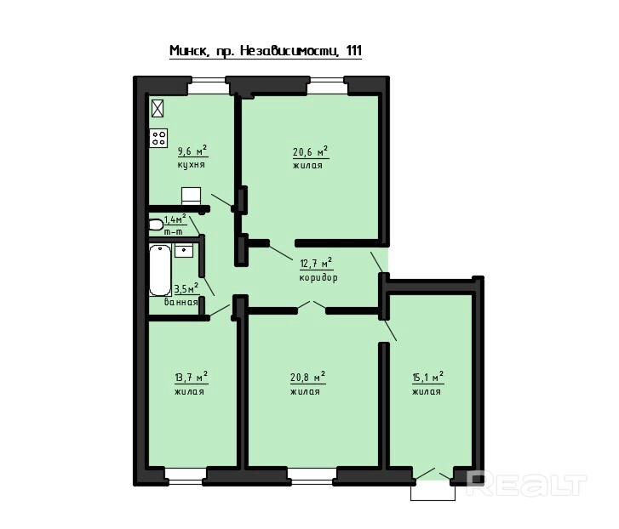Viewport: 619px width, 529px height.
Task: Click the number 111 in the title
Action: click(x=353, y=50)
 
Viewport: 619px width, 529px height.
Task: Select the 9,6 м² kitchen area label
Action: click(x=192, y=151)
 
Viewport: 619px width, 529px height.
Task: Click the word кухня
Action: click(x=191, y=164)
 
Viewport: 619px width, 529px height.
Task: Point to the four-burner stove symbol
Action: click(x=158, y=138)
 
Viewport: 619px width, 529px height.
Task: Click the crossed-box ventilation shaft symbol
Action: click(x=158, y=108)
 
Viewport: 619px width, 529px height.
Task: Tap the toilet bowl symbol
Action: click(x=156, y=225)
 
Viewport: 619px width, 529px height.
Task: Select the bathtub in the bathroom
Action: click(x=160, y=270)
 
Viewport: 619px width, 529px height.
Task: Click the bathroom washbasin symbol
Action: click(x=184, y=251)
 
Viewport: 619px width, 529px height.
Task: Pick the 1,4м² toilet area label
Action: click(x=175, y=219)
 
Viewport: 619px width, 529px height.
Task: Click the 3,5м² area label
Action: click(x=186, y=289)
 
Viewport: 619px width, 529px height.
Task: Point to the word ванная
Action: click(x=181, y=302)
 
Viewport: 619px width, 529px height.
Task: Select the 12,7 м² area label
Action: click(x=316, y=263)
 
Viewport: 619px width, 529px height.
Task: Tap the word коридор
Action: click(x=318, y=277)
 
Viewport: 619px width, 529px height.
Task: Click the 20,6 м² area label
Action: click(x=311, y=151)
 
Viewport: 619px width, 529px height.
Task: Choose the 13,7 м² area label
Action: click(x=192, y=378)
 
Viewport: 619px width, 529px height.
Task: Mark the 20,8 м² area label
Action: click(x=308, y=377)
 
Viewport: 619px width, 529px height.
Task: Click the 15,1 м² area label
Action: click(x=428, y=378)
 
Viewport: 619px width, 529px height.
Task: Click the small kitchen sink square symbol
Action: click(x=191, y=196)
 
